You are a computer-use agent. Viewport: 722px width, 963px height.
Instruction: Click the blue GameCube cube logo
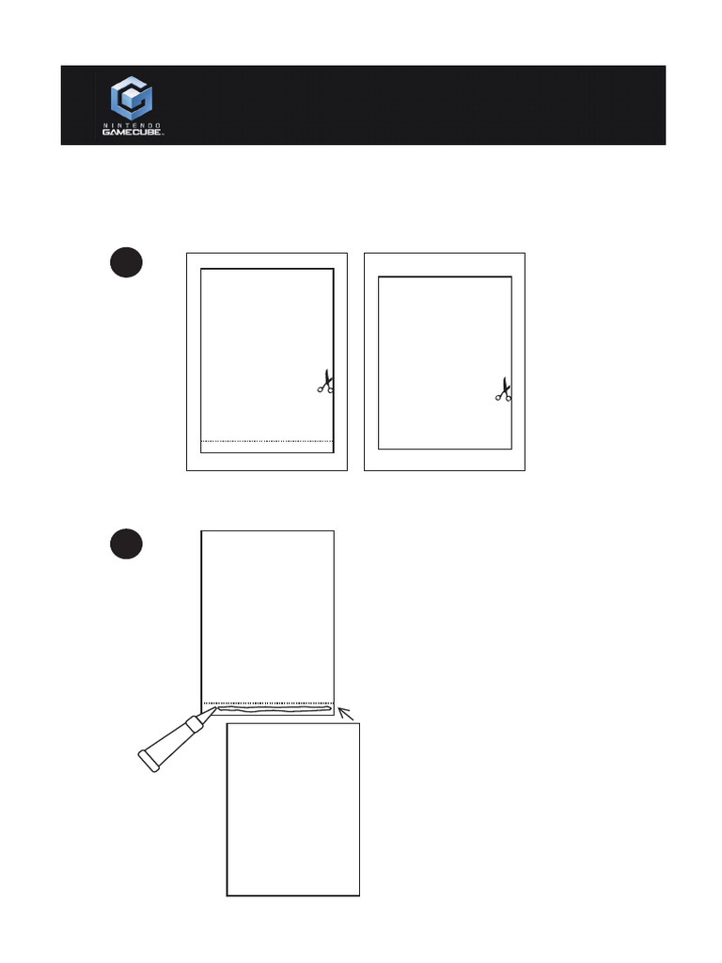pyautogui.click(x=133, y=98)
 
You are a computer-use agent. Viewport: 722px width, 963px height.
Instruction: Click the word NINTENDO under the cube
pyautogui.click(x=133, y=124)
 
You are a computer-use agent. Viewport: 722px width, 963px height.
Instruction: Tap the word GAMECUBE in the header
pyautogui.click(x=133, y=133)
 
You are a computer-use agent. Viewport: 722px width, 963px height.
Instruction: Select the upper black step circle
pyautogui.click(x=126, y=262)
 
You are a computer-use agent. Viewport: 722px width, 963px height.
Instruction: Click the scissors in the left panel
pyautogui.click(x=325, y=382)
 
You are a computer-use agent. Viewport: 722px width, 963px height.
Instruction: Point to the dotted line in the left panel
pyautogui.click(x=268, y=440)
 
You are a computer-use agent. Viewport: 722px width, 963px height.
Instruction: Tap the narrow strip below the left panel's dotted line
pyautogui.click(x=268, y=447)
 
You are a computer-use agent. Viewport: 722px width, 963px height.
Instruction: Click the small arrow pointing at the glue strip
pyautogui.click(x=347, y=716)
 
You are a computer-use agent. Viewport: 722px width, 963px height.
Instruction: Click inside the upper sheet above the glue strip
pyautogui.click(x=268, y=611)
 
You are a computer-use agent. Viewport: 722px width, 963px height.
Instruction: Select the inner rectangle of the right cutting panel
pyautogui.click(x=445, y=362)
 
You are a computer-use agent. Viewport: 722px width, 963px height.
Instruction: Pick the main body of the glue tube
pyautogui.click(x=169, y=743)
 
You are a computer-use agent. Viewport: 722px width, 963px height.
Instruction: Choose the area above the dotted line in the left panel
pyautogui.click(x=268, y=353)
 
